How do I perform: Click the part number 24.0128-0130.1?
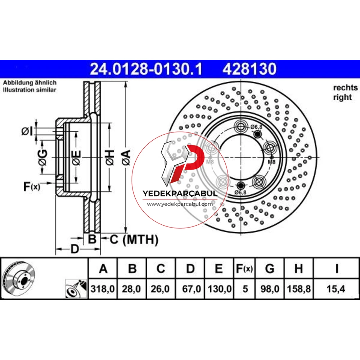(x=146, y=69)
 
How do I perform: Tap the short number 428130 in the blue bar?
(x=249, y=69)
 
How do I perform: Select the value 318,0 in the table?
(x=103, y=289)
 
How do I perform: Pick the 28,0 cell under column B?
(x=131, y=289)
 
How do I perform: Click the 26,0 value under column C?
(x=160, y=289)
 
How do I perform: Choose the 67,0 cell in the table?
(x=192, y=289)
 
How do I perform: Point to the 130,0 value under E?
(x=220, y=289)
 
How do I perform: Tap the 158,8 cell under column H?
(x=299, y=289)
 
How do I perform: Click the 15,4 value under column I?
(x=336, y=289)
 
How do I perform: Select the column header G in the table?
(x=270, y=269)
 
